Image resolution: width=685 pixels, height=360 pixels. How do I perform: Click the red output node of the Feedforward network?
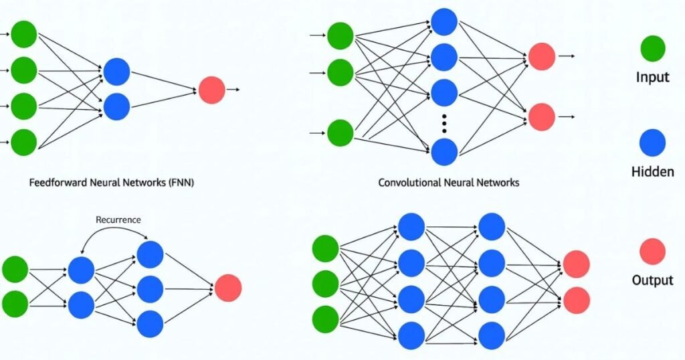tap(211, 90)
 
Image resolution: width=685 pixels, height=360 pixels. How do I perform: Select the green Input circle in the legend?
tap(652, 48)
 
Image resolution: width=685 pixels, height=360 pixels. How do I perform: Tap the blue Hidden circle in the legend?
tap(652, 143)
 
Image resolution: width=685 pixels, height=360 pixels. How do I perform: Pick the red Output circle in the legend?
tap(652, 252)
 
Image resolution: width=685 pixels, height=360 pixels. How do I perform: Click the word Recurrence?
tap(119, 219)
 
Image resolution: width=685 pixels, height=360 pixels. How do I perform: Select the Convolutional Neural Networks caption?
tap(448, 182)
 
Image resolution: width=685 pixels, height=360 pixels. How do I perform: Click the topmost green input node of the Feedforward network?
tap(23, 35)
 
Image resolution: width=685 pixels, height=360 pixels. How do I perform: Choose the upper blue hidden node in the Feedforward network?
tap(116, 72)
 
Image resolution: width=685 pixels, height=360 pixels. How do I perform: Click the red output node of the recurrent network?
tap(227, 288)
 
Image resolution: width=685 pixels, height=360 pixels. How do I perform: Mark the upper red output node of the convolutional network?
tap(541, 57)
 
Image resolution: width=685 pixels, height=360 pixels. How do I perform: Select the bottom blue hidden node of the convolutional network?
tap(444, 152)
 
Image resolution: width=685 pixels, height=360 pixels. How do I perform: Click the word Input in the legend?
tap(652, 77)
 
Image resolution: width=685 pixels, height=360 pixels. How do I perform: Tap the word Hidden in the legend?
tap(652, 172)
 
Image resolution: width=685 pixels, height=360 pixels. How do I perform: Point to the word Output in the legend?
tap(652, 280)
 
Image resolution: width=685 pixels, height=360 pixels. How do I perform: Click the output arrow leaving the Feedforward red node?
tap(232, 89)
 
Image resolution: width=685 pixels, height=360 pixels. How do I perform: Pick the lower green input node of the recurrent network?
tap(15, 305)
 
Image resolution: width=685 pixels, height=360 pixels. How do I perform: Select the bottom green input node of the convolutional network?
tap(340, 132)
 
